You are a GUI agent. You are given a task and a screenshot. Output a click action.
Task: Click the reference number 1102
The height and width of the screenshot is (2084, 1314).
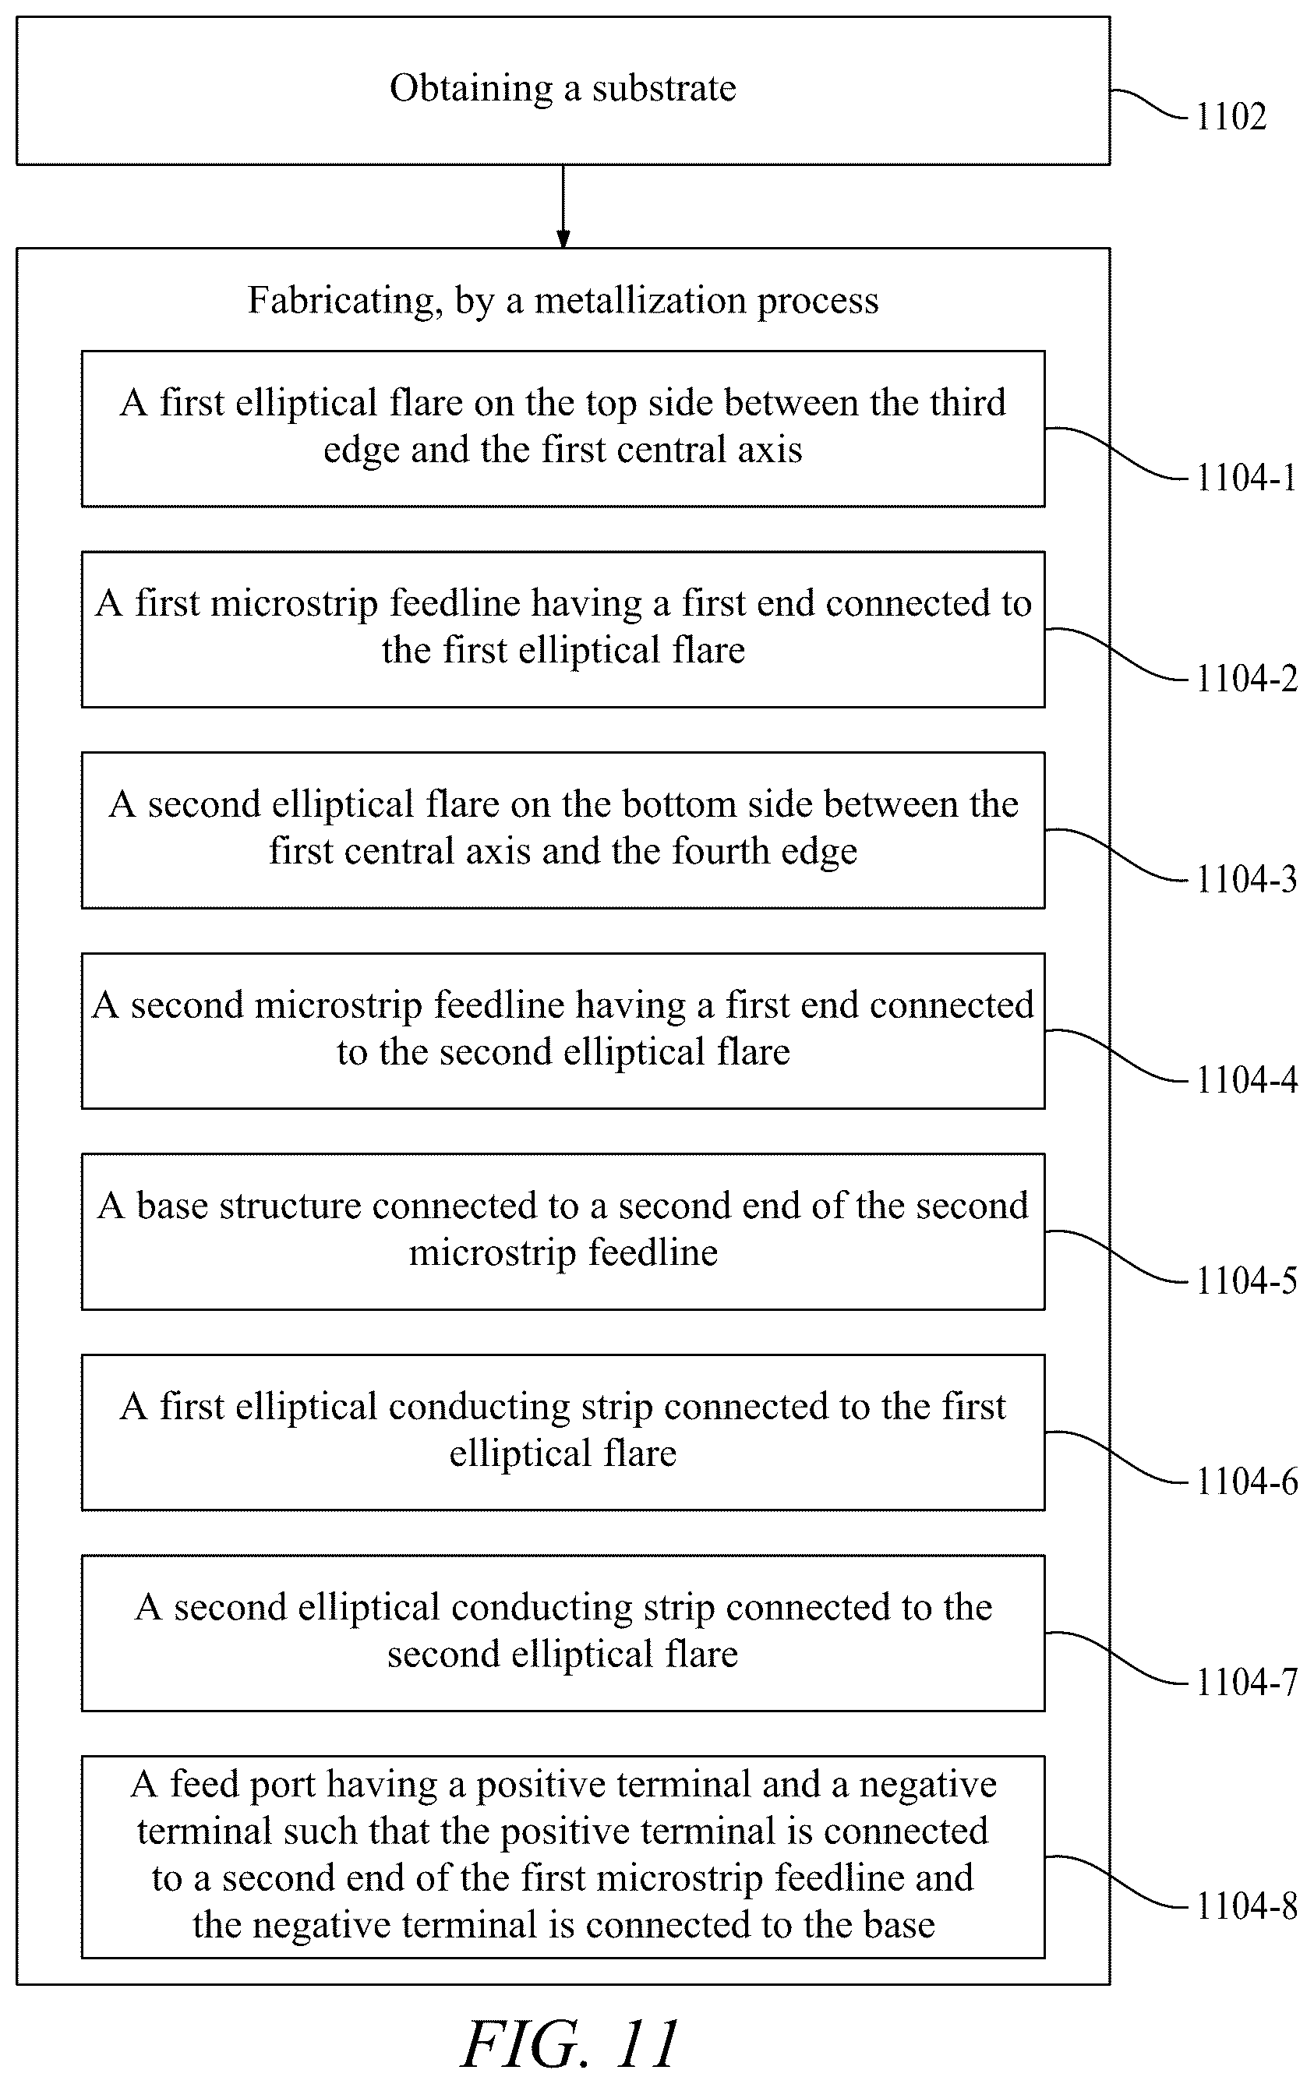(x=1231, y=116)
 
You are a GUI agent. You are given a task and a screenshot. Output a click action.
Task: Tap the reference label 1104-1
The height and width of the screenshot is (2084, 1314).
(x=1246, y=477)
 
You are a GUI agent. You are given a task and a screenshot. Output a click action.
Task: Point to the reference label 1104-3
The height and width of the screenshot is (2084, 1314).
(x=1246, y=878)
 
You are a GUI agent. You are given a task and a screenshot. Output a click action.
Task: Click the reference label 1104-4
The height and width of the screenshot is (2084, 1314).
(x=1246, y=1079)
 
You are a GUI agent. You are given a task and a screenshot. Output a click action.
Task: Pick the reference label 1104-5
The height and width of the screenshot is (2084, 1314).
(x=1246, y=1280)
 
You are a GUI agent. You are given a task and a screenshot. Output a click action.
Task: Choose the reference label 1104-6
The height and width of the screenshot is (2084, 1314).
(x=1246, y=1481)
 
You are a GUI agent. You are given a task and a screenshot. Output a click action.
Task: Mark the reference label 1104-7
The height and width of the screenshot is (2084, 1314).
(x=1246, y=1682)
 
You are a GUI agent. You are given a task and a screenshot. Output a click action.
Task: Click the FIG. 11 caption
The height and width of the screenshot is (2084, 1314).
(x=571, y=2044)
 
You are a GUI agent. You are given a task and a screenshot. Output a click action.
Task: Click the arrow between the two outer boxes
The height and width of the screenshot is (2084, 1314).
(x=563, y=206)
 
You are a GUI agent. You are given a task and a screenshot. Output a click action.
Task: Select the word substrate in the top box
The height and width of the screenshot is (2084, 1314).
(x=664, y=88)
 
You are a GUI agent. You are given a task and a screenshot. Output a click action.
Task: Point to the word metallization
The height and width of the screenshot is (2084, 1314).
(x=640, y=300)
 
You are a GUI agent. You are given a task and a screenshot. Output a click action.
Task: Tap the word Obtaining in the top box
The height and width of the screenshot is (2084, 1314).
(x=471, y=90)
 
